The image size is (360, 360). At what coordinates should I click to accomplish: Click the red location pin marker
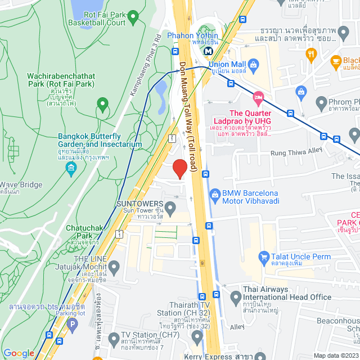179,168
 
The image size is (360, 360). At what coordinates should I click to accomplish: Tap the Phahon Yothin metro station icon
209,51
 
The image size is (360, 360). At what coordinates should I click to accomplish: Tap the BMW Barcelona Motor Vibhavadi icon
214,195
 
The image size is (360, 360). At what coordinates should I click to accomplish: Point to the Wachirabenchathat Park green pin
102,104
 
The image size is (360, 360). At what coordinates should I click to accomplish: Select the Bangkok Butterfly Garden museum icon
71,168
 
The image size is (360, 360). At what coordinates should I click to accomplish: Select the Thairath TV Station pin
197,336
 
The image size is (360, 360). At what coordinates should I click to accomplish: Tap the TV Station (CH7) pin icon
114,339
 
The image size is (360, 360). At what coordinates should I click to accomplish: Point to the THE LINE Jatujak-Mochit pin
114,266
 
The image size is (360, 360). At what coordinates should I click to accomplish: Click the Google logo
19,353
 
